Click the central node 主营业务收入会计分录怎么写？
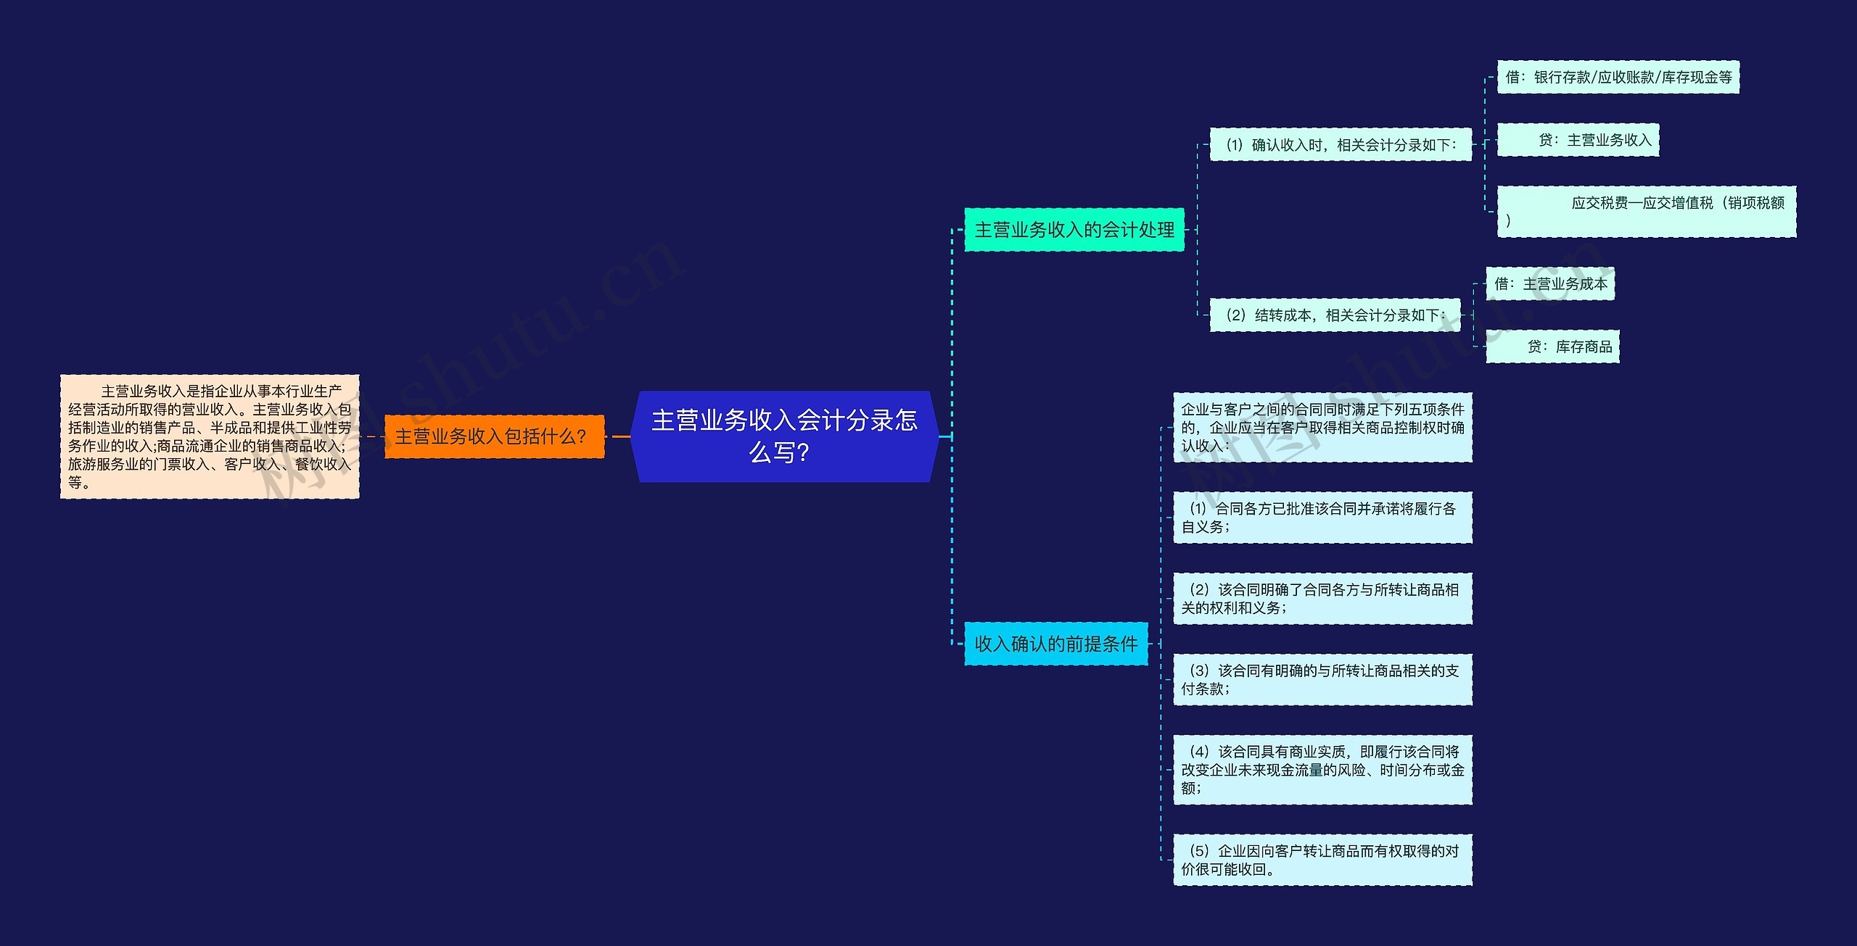point(784,436)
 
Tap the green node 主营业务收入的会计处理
point(1074,230)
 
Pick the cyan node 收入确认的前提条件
point(1055,644)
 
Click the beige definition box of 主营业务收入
point(210,436)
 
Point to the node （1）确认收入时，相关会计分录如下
point(1340,145)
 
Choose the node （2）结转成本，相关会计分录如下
point(1335,315)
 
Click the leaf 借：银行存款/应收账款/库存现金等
point(1618,78)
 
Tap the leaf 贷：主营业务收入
point(1578,140)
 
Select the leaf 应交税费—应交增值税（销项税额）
point(1647,211)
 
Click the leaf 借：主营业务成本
point(1550,284)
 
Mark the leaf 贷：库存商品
point(1552,347)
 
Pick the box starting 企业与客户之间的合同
point(1322,428)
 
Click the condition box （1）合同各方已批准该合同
point(1322,518)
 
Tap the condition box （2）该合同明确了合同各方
point(1322,599)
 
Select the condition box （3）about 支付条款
point(1322,680)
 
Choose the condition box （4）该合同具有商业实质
point(1322,770)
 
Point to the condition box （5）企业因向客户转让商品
point(1322,860)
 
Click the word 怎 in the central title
point(905,420)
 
